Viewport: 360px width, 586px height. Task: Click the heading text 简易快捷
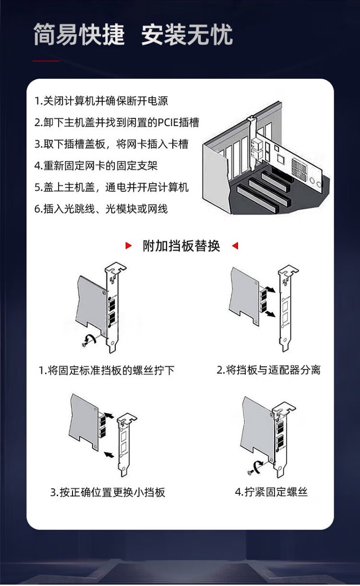pyautogui.click(x=79, y=34)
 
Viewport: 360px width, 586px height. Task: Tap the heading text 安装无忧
pyautogui.click(x=187, y=34)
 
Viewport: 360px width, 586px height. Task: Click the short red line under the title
pyautogui.click(x=46, y=61)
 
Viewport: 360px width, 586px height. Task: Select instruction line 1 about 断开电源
pyautogui.click(x=101, y=101)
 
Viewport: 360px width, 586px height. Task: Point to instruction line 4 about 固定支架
pyautogui.click(x=96, y=166)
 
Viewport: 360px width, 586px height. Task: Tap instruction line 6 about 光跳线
pyautogui.click(x=101, y=209)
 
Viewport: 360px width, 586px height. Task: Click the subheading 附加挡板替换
pyautogui.click(x=181, y=246)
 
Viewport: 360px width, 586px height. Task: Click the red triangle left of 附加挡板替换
pyautogui.click(x=129, y=246)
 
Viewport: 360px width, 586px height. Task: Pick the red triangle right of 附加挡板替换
pyautogui.click(x=235, y=246)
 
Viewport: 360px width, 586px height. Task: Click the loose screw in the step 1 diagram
pyautogui.click(x=84, y=345)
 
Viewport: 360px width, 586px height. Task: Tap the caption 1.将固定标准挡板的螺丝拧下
pyautogui.click(x=107, y=370)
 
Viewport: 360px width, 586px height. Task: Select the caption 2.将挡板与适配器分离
pyautogui.click(x=269, y=370)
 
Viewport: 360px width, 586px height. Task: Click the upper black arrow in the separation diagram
pyautogui.click(x=270, y=289)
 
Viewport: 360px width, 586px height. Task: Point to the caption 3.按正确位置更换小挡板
pyautogui.click(x=108, y=492)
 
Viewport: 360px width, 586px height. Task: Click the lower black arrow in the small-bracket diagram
pyautogui.click(x=109, y=454)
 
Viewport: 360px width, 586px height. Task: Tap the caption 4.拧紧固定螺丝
pyautogui.click(x=271, y=492)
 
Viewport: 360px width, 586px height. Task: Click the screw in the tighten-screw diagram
pyautogui.click(x=249, y=472)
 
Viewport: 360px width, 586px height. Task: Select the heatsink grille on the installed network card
pyautogui.click(x=299, y=167)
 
